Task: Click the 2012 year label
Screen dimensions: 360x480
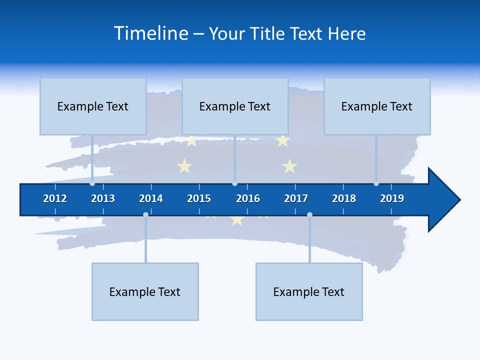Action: [x=55, y=198]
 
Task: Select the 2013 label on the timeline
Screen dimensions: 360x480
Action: [x=103, y=198]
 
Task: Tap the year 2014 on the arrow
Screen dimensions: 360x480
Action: [x=151, y=198]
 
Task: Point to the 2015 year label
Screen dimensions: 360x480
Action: [x=199, y=198]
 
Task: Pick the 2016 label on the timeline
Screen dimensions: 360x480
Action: [x=248, y=198]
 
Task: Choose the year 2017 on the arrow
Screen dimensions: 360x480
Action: [x=296, y=198]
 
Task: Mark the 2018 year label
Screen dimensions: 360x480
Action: [x=344, y=198]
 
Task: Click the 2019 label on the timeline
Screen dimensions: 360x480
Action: [x=392, y=198]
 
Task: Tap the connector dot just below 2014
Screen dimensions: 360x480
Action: [x=145, y=215]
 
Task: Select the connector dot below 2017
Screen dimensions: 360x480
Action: [x=309, y=215]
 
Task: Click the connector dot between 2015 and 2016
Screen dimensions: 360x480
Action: [x=234, y=183]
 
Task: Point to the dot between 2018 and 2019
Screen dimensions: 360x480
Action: [x=376, y=183]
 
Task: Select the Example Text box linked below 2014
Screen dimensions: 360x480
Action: [x=145, y=291]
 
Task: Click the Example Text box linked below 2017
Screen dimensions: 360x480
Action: [x=309, y=291]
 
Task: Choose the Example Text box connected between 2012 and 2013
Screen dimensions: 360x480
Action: [x=93, y=106]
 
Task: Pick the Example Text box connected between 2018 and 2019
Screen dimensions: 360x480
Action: [x=377, y=106]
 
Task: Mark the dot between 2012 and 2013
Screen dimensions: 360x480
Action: [x=92, y=183]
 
